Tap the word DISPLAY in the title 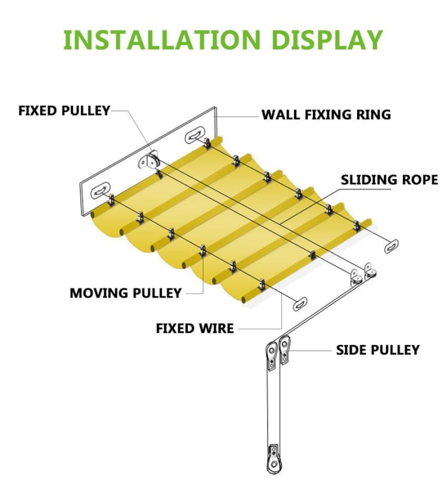[326, 39]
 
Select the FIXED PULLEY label [64, 111]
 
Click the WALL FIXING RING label [326, 114]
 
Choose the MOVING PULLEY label [125, 293]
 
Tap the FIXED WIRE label [195, 328]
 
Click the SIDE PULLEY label [378, 350]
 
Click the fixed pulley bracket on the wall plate [151, 160]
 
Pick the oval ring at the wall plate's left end [100, 192]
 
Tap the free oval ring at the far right [392, 245]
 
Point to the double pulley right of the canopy [364, 274]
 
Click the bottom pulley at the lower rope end [273, 456]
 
